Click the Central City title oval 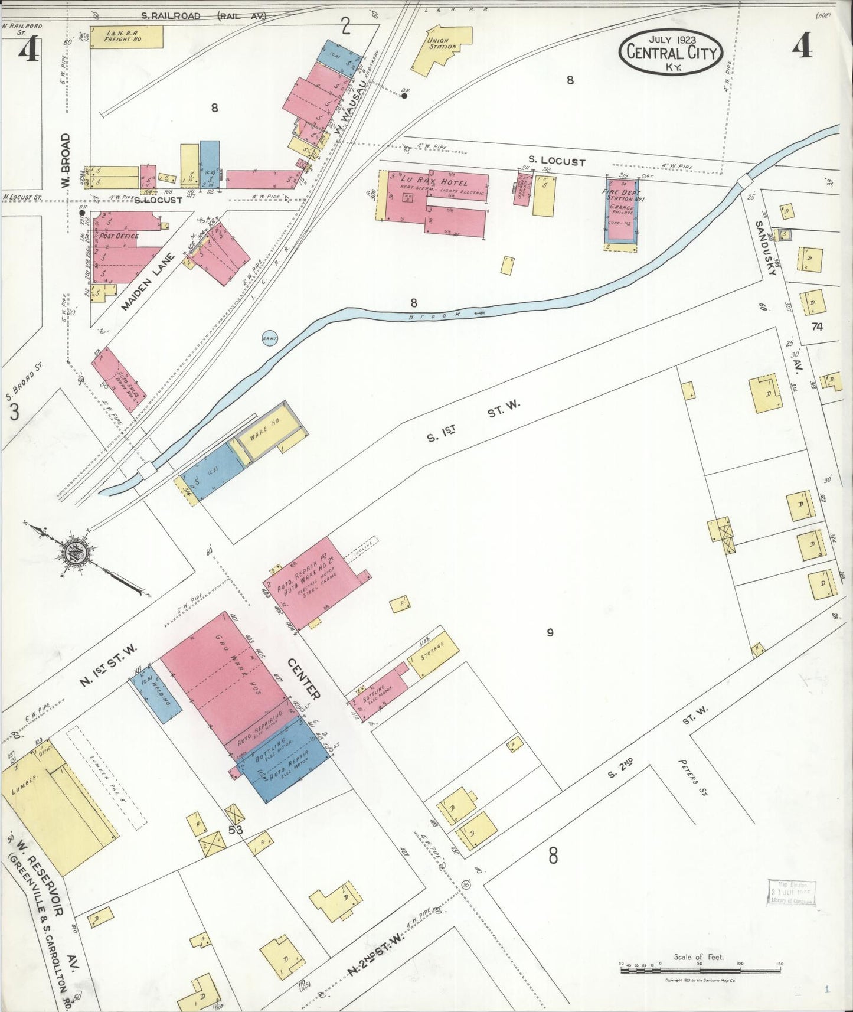(x=671, y=53)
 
